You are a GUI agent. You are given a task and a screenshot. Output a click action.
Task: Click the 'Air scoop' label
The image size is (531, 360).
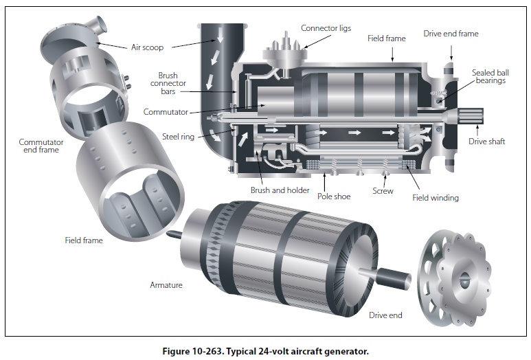tap(147, 47)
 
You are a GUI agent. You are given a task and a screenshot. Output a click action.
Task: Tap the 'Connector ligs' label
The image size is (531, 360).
tap(326, 28)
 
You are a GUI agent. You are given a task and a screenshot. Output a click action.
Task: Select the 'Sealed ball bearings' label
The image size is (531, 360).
tap(488, 76)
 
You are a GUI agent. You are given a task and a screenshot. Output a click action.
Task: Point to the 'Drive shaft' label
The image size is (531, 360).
tap(487, 142)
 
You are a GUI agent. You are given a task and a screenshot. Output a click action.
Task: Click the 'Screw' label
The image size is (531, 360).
tap(383, 191)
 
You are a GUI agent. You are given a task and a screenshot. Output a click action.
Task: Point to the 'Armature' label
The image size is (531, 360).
tap(166, 284)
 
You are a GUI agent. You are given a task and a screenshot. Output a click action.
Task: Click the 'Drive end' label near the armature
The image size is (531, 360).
tap(385, 315)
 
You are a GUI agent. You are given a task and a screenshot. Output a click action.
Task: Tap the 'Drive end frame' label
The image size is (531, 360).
tap(451, 34)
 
